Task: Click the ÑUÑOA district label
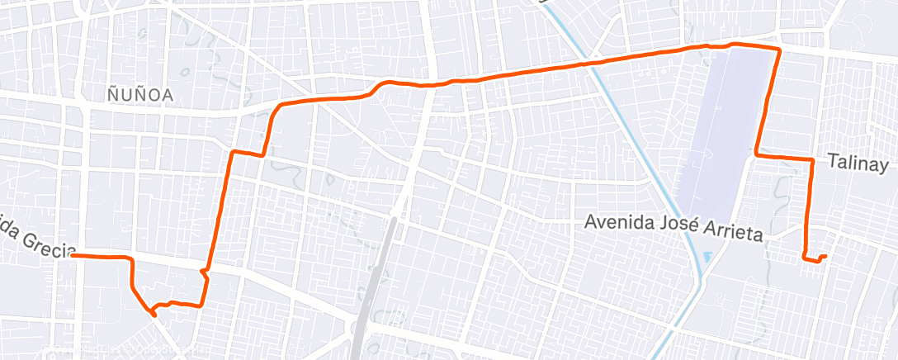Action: click(x=140, y=95)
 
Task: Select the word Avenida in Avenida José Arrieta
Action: click(x=617, y=222)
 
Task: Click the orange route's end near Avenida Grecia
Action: click(x=73, y=256)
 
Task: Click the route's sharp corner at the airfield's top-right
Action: click(x=778, y=51)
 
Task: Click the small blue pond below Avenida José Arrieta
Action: click(x=707, y=258)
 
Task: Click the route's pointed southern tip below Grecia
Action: click(x=154, y=314)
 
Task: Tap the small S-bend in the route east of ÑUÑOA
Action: click(x=378, y=88)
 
